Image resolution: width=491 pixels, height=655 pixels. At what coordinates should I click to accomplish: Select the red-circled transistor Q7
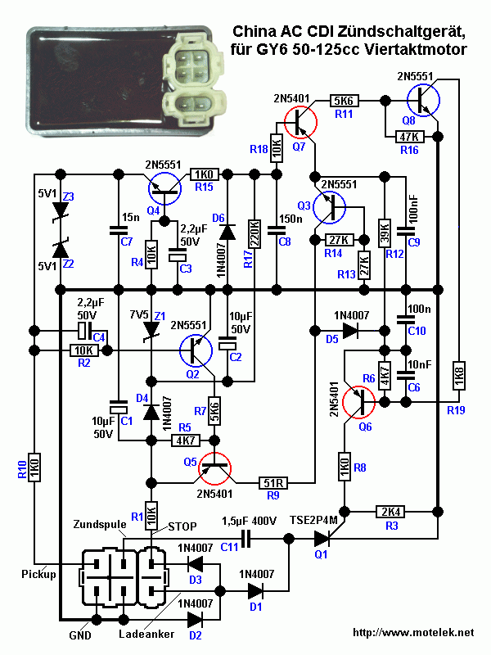pos(300,123)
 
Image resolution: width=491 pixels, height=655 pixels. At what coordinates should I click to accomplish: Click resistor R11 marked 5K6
pos(343,101)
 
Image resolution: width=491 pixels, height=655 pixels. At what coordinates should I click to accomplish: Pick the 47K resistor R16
pos(408,135)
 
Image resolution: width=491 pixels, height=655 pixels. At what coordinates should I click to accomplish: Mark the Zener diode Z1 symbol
pos(151,328)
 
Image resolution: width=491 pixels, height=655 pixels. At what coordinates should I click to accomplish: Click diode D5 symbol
pos(349,331)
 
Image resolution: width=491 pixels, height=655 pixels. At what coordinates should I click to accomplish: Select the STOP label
pos(182,525)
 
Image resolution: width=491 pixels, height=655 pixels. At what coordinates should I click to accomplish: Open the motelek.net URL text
pos(413,632)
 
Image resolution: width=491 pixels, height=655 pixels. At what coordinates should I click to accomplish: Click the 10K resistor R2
pos(83,350)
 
